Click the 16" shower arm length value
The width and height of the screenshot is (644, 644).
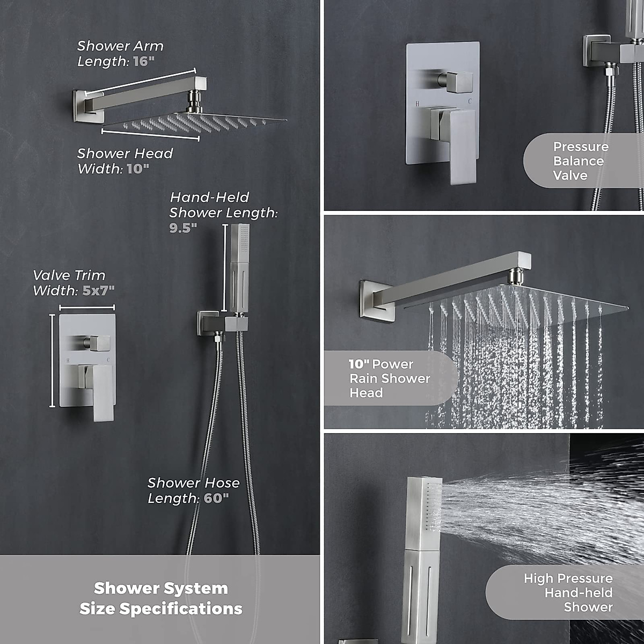[143, 61]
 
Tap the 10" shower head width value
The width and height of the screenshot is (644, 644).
[138, 169]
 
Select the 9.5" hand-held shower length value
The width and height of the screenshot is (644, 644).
[183, 228]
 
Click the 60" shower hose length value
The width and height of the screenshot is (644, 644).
[216, 498]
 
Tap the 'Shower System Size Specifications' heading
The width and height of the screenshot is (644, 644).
[161, 598]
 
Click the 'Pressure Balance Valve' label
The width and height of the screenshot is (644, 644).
[581, 161]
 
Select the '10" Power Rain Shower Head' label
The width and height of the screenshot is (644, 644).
[390, 378]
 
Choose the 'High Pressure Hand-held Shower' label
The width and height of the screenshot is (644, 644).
[569, 592]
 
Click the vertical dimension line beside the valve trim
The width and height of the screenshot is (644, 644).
[52, 361]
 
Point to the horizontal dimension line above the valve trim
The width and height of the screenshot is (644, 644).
[87, 308]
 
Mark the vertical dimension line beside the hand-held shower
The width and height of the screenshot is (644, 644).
[224, 268]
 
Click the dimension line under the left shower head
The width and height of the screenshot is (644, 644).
[151, 134]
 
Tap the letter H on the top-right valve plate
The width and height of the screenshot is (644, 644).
[417, 101]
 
